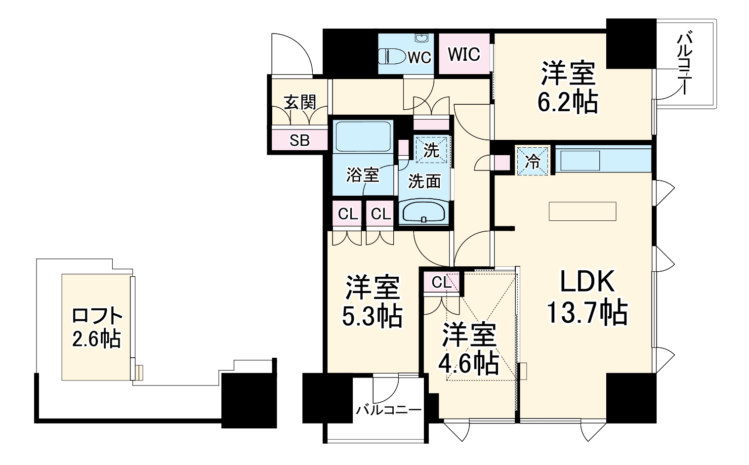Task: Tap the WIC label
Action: click(464, 54)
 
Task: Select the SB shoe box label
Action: click(299, 141)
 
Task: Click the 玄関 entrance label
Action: click(299, 102)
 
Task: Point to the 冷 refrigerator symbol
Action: click(532, 160)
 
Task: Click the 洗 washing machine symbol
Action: click(432, 150)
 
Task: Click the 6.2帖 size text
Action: click(568, 102)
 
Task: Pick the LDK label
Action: click(586, 283)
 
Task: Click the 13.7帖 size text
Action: click(587, 312)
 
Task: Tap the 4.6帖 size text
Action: click(468, 364)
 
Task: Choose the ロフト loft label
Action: click(97, 315)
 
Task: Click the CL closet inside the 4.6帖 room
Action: click(441, 283)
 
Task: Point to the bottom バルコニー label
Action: click(389, 410)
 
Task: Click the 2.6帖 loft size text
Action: click(97, 339)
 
